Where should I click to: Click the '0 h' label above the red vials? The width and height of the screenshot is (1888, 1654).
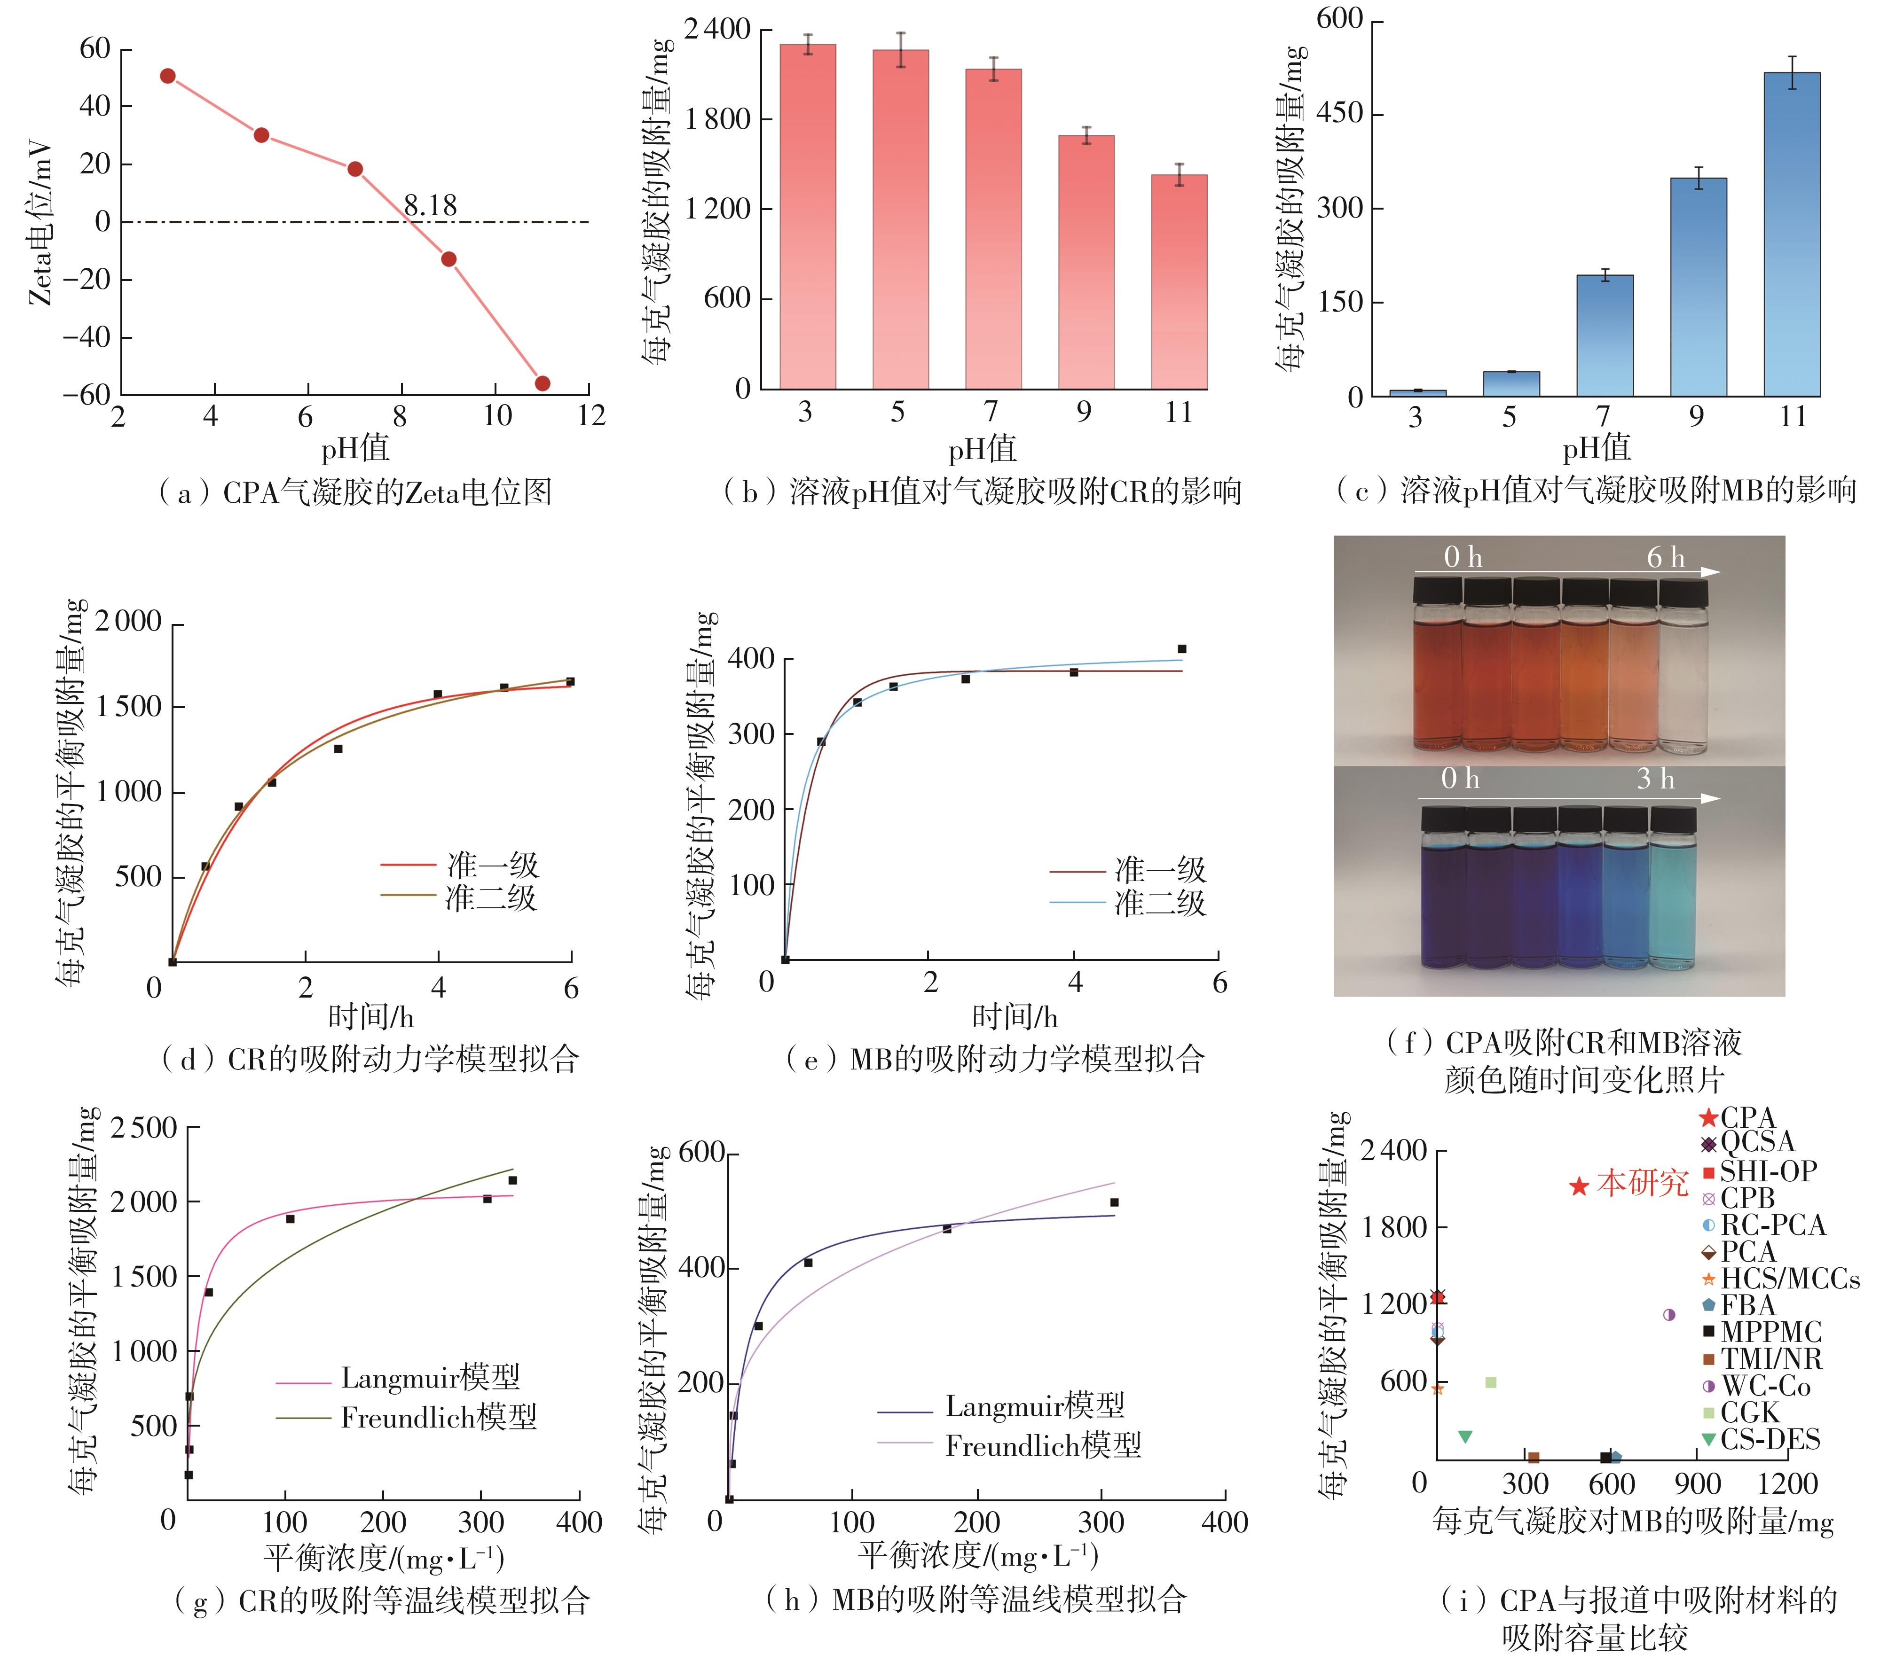point(1463,557)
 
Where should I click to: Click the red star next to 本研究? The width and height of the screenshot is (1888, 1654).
point(1579,1186)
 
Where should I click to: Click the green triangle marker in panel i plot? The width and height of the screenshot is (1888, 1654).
point(1464,1436)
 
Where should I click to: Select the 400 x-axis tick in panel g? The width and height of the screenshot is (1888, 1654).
point(579,1522)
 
